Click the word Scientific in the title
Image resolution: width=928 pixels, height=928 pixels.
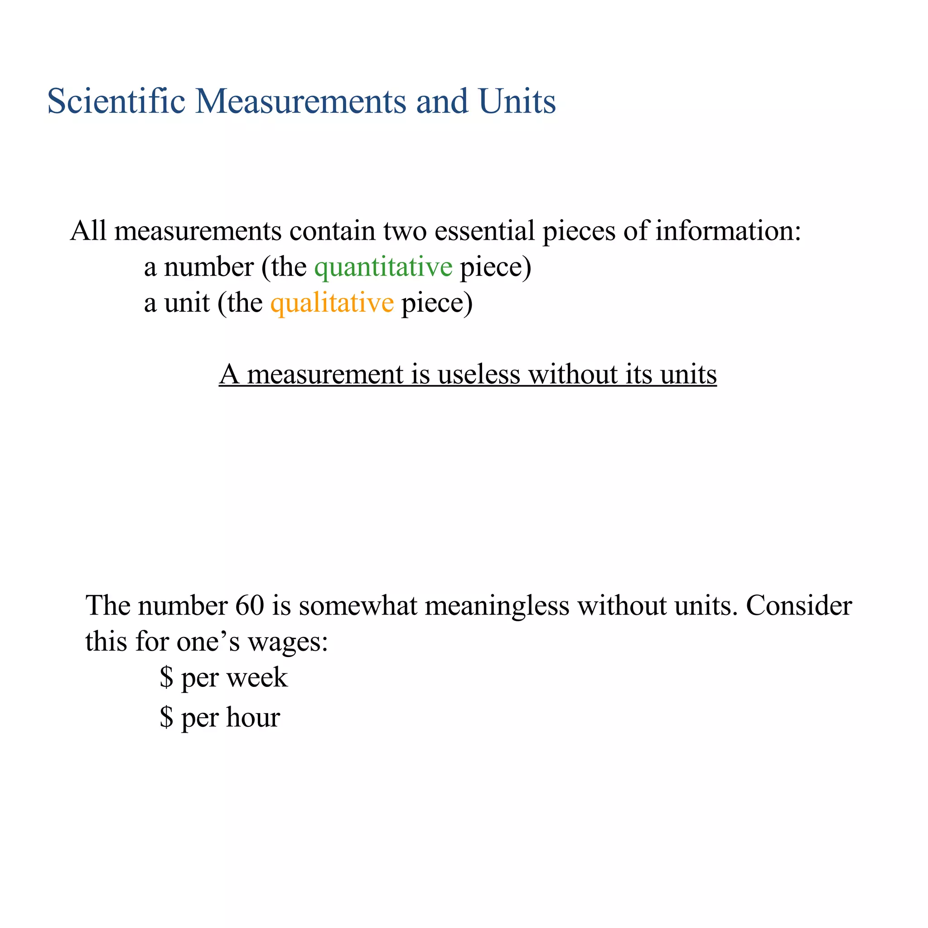[116, 101]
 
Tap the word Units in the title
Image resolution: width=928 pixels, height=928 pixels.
[517, 101]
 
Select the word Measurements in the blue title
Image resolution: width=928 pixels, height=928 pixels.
[301, 101]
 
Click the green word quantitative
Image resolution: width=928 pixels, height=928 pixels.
[383, 267]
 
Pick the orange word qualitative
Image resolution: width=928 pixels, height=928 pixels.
[332, 303]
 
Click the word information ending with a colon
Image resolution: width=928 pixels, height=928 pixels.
[728, 231]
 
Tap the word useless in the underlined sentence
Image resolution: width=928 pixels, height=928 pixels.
[479, 374]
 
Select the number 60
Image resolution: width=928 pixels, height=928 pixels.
[250, 605]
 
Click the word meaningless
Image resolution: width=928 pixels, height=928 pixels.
[497, 605]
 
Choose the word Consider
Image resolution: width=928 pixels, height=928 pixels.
[799, 605]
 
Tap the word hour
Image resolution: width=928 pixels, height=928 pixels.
[253, 718]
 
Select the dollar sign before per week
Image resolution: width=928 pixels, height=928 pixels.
[166, 678]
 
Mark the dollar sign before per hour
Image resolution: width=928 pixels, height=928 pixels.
[166, 718]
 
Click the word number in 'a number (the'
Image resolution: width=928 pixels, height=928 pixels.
[208, 267]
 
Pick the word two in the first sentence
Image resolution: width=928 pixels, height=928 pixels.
[405, 231]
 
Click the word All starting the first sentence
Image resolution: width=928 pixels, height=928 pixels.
[88, 231]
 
